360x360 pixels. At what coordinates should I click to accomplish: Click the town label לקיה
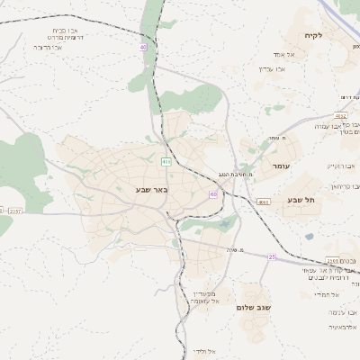[338, 35]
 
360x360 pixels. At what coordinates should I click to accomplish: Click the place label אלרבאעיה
[344, 327]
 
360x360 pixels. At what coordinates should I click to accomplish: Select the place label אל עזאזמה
[205, 303]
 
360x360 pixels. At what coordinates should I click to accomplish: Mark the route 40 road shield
[143, 46]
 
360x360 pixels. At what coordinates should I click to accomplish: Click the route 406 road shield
[166, 161]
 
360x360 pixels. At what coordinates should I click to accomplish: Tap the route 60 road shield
[213, 193]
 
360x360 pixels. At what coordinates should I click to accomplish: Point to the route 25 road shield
[271, 256]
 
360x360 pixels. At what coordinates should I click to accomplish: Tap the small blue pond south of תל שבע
[309, 237]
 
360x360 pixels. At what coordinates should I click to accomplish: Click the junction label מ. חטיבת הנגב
[238, 174]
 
